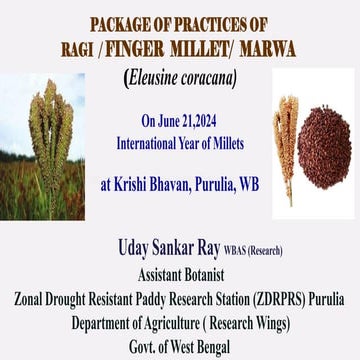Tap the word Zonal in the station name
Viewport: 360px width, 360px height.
point(30,296)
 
